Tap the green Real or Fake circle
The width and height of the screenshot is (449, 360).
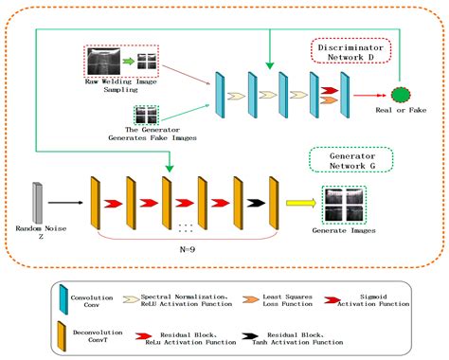(402, 95)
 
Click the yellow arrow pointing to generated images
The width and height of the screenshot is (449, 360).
(301, 202)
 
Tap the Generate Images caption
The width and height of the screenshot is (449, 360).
(344, 229)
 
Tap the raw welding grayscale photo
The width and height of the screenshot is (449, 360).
(104, 63)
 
